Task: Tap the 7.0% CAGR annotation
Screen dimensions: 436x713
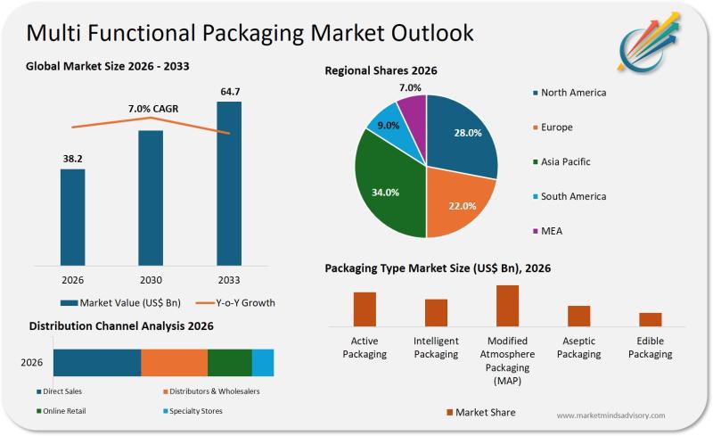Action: [153, 109]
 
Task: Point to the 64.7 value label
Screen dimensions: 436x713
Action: [229, 91]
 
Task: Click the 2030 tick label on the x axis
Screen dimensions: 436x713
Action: [151, 278]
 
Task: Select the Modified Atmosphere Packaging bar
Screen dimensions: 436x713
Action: [507, 305]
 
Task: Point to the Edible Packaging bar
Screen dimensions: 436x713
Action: [651, 318]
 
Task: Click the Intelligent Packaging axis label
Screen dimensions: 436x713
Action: [436, 348]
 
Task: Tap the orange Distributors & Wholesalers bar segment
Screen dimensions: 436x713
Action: [174, 363]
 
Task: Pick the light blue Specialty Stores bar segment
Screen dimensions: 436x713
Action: [263, 363]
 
